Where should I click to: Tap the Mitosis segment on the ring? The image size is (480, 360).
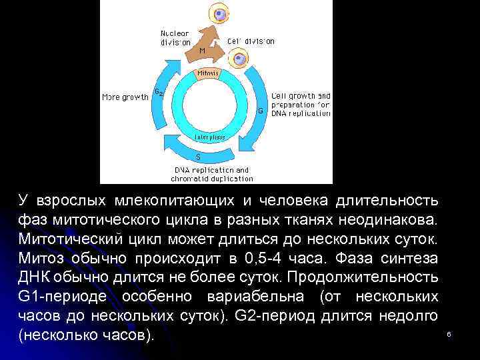(209, 73)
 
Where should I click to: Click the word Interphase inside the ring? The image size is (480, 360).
(209, 137)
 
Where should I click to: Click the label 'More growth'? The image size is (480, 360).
(125, 97)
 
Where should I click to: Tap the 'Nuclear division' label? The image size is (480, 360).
(175, 37)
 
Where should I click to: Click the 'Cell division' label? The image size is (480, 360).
(251, 41)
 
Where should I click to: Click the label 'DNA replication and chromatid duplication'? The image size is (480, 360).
(211, 174)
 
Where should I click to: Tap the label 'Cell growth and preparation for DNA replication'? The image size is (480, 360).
(301, 104)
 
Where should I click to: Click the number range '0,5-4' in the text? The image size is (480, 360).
(264, 258)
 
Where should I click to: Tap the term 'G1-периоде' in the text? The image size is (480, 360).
(65, 296)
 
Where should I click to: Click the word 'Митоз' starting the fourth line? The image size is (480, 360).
(42, 258)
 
